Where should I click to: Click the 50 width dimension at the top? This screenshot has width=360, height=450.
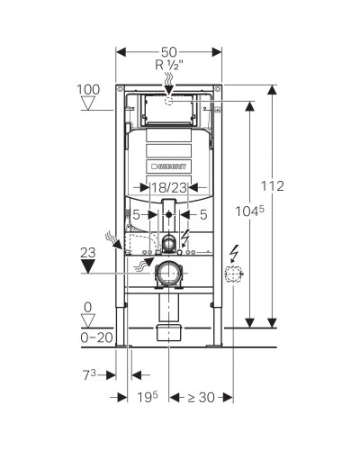click(169, 52)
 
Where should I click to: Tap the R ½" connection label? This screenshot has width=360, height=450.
click(169, 65)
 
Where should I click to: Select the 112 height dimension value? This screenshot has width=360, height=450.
click(272, 186)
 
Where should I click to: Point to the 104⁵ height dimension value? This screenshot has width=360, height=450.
click(249, 211)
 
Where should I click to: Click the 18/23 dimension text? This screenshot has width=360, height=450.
click(168, 188)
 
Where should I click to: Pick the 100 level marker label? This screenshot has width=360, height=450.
click(88, 90)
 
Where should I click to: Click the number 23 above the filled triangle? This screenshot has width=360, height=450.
click(88, 253)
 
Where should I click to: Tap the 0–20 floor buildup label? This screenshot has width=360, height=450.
click(96, 338)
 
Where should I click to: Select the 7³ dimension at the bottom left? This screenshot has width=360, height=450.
click(89, 375)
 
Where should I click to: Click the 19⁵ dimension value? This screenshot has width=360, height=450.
click(148, 398)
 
